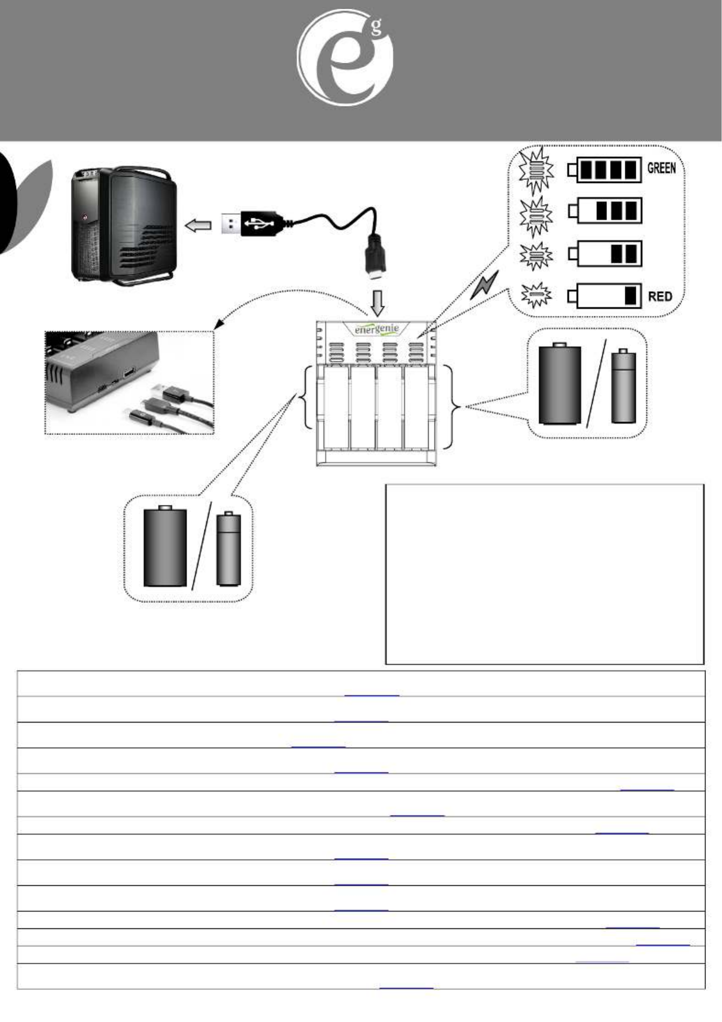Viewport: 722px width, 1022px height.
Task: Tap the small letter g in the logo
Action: pos(376,28)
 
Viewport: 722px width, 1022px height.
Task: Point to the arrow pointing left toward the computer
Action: pos(198,225)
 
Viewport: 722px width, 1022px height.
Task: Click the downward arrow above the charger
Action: pos(377,303)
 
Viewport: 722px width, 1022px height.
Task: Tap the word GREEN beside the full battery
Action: pos(661,169)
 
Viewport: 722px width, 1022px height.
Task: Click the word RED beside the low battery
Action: pos(660,297)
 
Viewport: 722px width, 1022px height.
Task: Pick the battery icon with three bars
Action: pos(605,211)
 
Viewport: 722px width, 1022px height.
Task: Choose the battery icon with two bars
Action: pos(605,254)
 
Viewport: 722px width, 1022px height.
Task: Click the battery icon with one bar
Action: pos(605,296)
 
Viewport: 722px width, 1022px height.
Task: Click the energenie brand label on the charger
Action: pos(377,329)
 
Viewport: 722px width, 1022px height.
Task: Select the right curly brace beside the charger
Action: pos(454,406)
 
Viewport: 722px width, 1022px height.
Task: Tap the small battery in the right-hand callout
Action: pos(624,386)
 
